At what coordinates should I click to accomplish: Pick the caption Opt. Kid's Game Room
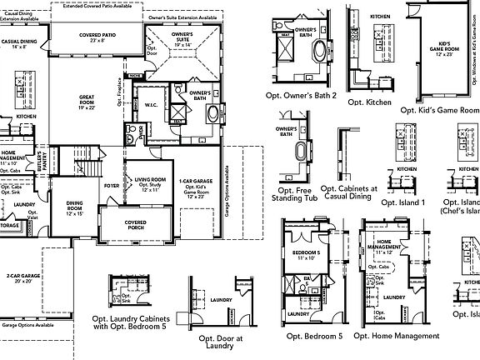(x=440, y=109)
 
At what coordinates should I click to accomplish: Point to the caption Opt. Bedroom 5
(x=312, y=335)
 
